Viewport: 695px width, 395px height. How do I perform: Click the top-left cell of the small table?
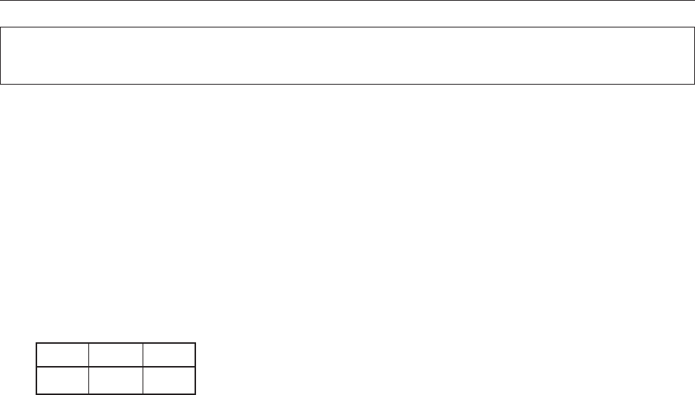coord(62,355)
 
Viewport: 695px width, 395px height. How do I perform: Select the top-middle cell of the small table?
coord(115,355)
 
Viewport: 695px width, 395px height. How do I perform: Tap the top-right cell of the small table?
coord(169,355)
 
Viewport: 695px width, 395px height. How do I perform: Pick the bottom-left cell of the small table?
coord(62,379)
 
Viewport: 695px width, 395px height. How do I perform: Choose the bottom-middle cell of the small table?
coord(115,379)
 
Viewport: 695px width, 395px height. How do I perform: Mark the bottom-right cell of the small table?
coord(169,379)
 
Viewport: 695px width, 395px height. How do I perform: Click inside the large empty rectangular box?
coord(347,55)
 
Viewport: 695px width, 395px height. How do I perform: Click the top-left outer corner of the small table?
coord(36,343)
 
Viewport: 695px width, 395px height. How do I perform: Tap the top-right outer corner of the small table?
coord(195,343)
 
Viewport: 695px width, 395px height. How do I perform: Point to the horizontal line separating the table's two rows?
coord(115,367)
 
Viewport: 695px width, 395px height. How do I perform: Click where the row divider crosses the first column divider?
coord(88,367)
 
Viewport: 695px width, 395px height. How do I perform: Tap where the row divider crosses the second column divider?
coord(143,367)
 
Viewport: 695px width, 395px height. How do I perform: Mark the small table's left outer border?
coord(36,368)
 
